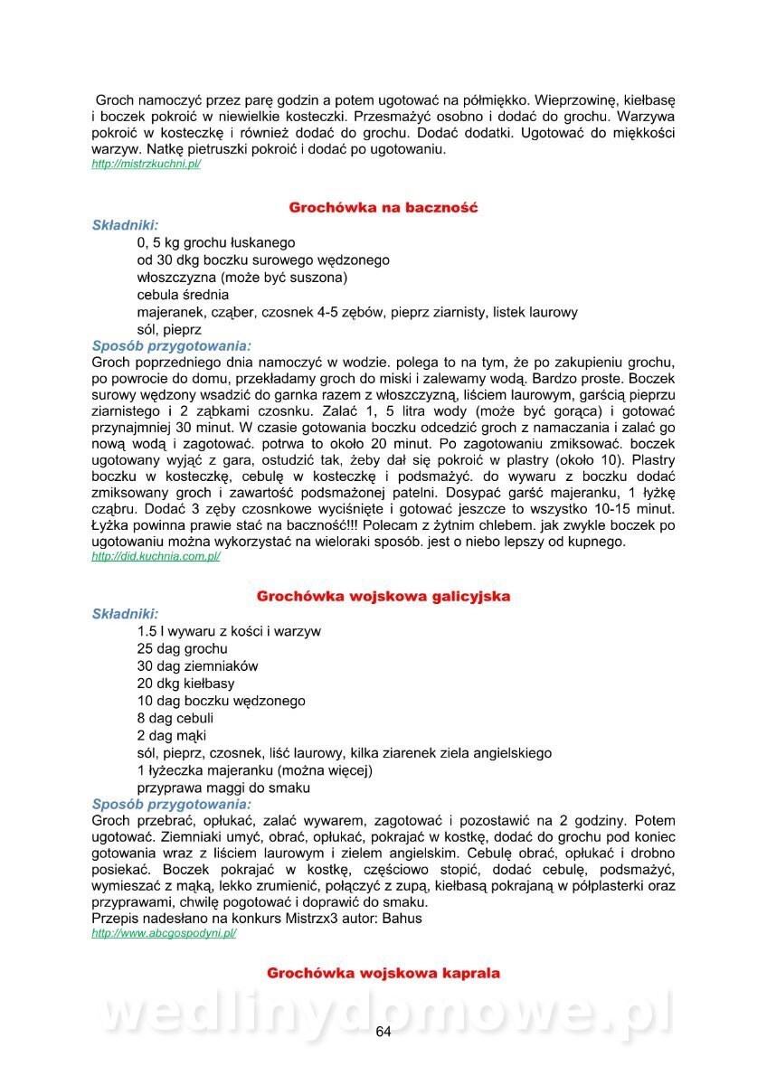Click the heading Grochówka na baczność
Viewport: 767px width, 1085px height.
coord(383,208)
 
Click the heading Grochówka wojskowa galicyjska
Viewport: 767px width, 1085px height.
coord(383,597)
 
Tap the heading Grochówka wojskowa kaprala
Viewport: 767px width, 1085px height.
coord(383,974)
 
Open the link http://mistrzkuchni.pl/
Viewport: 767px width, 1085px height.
coord(146,165)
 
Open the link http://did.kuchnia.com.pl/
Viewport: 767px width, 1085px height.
coord(156,557)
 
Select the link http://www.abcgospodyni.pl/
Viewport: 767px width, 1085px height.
coord(164,933)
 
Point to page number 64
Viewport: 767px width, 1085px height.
coord(383,1033)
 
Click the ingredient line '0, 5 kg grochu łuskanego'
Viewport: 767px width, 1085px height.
coord(216,243)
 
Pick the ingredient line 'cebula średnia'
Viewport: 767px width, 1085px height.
coord(183,295)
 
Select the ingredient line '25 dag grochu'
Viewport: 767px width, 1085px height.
coord(182,649)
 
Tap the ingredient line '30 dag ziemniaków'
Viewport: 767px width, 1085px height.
coord(197,666)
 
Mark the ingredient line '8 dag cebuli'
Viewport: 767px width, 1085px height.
coord(175,718)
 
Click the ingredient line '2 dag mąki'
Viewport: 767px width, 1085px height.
coord(172,736)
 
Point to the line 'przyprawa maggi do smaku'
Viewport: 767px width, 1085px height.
coord(224,788)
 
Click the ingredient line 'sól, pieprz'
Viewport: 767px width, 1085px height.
coord(169,330)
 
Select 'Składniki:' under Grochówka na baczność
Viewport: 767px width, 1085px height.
coord(125,225)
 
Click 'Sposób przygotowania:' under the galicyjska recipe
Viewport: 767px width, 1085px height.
coord(172,805)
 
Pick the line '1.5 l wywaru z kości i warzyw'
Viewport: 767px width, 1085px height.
coord(229,632)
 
